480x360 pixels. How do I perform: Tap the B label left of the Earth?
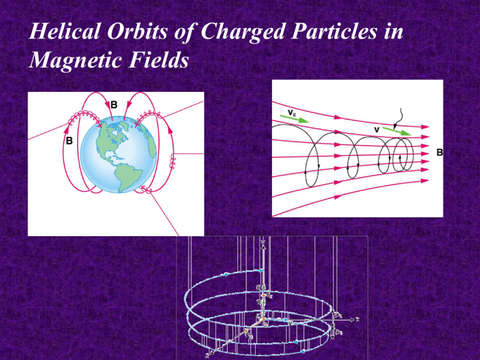pyautogui.click(x=71, y=142)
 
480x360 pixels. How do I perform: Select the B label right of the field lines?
pyautogui.click(x=439, y=152)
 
